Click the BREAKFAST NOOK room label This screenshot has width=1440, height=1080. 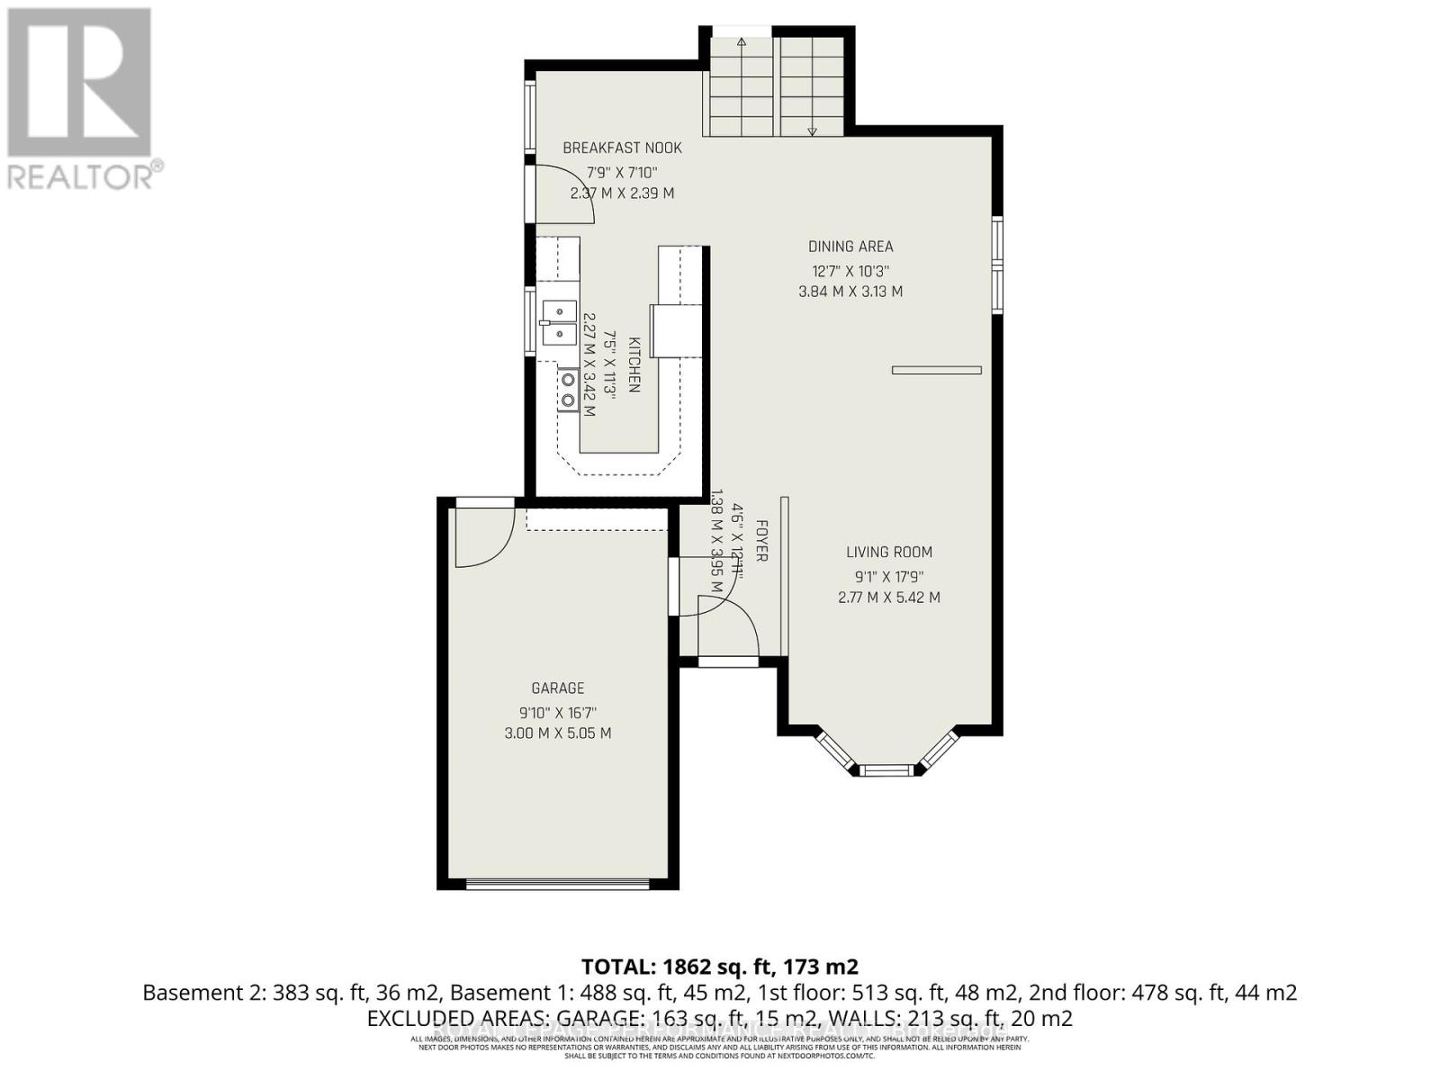point(622,148)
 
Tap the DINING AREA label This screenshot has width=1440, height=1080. point(850,247)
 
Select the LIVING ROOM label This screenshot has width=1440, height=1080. point(889,553)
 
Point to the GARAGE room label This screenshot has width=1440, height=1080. point(558,688)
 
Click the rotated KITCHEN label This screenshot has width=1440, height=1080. point(634,364)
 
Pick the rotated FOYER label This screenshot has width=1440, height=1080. point(761,541)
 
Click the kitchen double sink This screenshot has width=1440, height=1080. point(560,322)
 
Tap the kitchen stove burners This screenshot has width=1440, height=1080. point(568,389)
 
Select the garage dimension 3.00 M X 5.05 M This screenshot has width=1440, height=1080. point(558,733)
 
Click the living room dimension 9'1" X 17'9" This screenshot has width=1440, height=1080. point(889,576)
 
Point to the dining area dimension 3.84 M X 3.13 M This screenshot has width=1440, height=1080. point(850,292)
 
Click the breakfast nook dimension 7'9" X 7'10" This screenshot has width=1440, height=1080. point(622,172)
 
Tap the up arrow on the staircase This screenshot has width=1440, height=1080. point(742,41)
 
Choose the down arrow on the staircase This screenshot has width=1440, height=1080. point(812,131)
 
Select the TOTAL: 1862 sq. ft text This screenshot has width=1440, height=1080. point(719,967)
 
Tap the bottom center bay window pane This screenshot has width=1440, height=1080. point(886,769)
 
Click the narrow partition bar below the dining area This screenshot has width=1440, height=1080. point(936,370)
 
